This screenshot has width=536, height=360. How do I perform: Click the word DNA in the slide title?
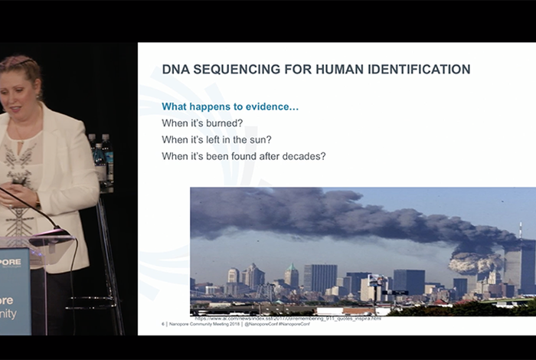177,70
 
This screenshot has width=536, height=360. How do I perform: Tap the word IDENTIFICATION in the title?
410,70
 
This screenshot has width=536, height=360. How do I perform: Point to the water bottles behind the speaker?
100,157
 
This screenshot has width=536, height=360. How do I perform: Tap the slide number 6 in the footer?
163,324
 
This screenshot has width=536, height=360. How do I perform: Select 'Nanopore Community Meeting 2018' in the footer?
203,324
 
